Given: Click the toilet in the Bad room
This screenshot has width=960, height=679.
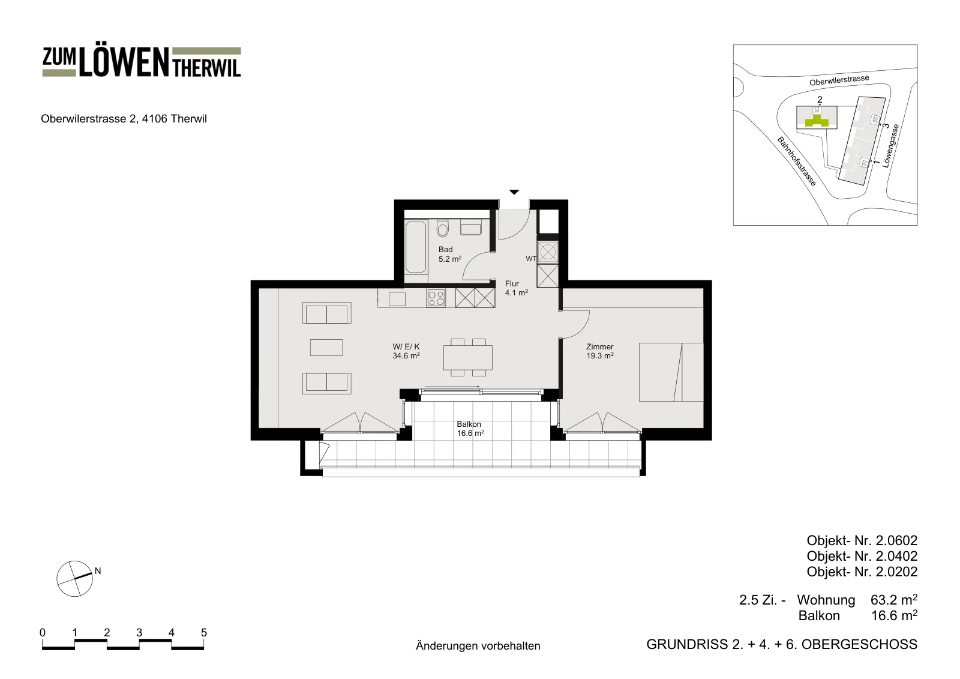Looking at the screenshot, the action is (442, 228).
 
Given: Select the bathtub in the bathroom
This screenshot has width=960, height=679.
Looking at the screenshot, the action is (416, 247).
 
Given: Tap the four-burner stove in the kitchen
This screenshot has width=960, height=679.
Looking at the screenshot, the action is (436, 298).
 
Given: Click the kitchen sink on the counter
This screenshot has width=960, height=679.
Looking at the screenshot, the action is (397, 299).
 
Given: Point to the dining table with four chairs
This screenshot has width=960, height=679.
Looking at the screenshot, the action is (468, 357).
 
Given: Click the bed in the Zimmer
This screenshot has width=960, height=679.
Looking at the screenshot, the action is (671, 372).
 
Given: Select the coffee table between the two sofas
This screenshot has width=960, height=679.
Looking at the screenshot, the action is (326, 348).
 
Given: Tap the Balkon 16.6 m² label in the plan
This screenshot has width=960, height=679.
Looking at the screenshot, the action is (470, 429).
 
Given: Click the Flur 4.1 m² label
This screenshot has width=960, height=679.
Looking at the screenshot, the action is (516, 288).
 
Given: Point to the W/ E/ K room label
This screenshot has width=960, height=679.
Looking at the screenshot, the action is (406, 346).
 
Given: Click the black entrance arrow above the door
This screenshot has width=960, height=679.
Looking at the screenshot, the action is (514, 192).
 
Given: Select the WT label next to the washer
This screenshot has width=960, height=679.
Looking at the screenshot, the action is (531, 259).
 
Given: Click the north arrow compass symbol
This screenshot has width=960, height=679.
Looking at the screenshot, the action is (74, 579).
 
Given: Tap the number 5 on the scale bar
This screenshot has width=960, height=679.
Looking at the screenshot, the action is (204, 633).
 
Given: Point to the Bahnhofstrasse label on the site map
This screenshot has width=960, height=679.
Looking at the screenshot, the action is (797, 161).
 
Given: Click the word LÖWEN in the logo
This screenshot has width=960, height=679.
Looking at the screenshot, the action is (124, 62).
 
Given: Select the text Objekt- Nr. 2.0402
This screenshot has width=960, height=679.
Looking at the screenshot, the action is (862, 556).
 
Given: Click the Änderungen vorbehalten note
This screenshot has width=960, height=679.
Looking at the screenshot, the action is (478, 645).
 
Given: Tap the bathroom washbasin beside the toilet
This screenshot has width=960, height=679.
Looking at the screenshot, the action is (470, 229).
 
